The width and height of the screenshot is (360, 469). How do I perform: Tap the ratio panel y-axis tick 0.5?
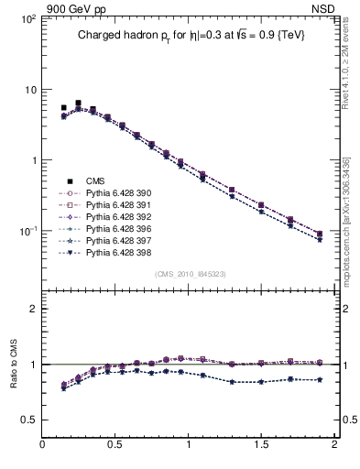30,420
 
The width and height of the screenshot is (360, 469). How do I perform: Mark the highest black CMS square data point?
78,104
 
